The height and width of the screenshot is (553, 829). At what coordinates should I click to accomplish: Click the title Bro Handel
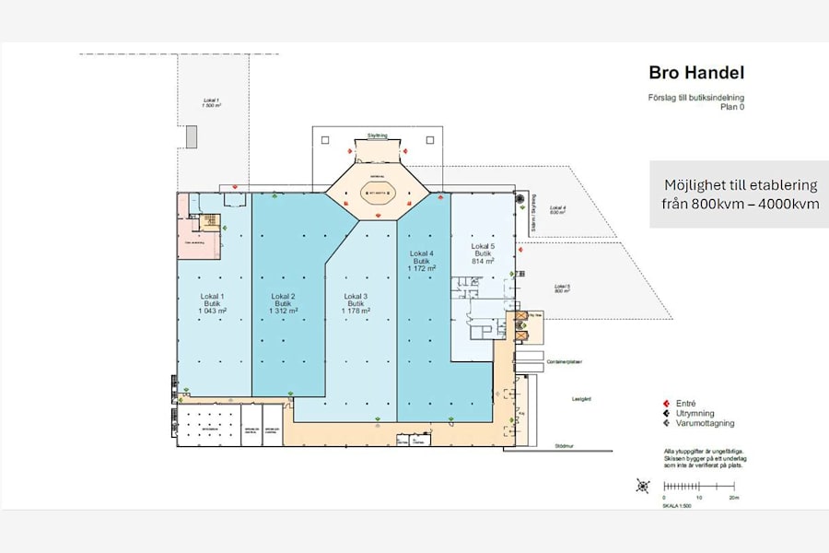point(695,73)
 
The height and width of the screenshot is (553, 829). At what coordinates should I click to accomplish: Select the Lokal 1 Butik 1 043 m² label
point(214,303)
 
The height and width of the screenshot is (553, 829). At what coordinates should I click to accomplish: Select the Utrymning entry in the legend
point(691,414)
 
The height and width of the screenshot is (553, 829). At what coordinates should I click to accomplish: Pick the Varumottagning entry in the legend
point(700,424)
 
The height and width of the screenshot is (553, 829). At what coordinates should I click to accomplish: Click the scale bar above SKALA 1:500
point(700,486)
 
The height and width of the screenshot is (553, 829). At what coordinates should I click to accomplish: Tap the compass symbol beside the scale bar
point(643,486)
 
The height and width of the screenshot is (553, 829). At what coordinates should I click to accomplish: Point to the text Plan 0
point(731,106)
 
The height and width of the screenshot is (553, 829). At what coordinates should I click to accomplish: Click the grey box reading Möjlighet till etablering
point(740,194)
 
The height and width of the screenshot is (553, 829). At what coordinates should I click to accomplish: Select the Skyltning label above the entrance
point(378,135)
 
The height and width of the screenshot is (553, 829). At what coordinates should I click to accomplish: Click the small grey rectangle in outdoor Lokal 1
point(192,136)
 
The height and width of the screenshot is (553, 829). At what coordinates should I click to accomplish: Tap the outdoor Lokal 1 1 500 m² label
point(212,103)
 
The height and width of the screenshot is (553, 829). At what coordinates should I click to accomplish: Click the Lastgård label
point(569,399)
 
